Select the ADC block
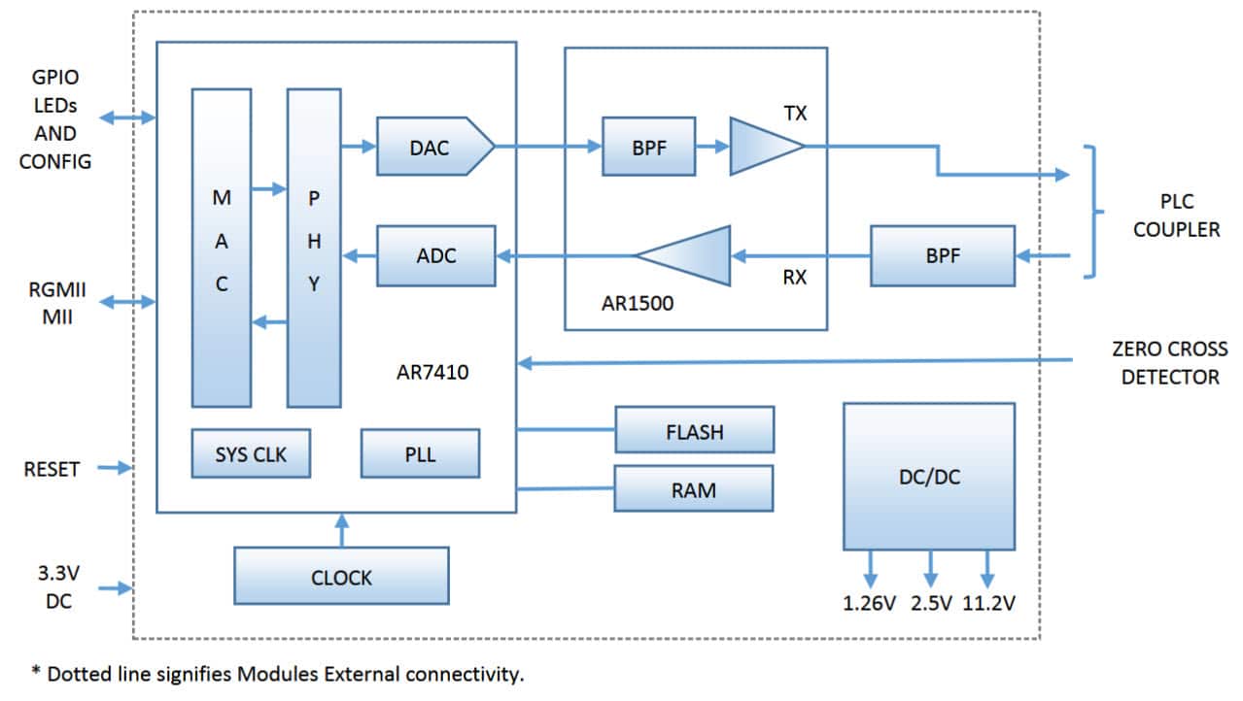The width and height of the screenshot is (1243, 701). [x=435, y=255]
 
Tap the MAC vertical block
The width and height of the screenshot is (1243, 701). [x=222, y=248]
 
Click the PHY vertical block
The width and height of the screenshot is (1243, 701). [x=314, y=248]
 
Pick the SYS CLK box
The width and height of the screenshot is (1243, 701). [x=251, y=453]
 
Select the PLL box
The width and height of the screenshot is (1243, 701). [x=420, y=453]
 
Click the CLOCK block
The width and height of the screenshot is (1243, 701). [x=341, y=576]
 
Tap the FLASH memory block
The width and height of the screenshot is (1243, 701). [x=694, y=430]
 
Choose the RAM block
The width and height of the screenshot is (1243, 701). [x=694, y=488]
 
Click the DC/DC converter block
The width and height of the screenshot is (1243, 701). [x=928, y=476]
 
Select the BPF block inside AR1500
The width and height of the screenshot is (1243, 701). [x=648, y=147]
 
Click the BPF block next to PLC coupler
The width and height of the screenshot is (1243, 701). [x=942, y=255]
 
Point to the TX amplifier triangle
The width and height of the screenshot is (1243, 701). [x=762, y=147]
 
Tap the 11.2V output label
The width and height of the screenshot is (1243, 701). [x=988, y=603]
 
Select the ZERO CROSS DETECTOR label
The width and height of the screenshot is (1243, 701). [x=1169, y=362]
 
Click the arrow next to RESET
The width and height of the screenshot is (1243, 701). [x=115, y=468]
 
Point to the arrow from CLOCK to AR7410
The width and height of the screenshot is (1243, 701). [x=341, y=529]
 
